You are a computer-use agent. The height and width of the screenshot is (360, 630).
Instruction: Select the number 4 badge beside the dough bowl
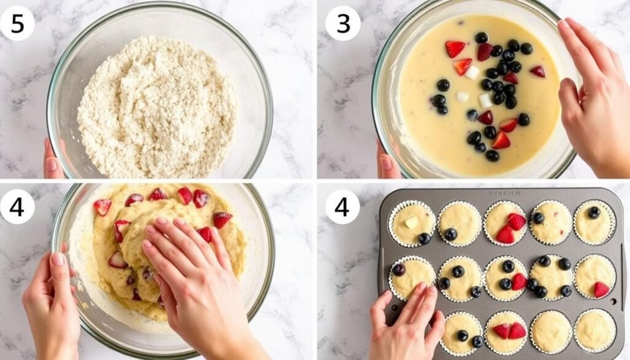[17, 206]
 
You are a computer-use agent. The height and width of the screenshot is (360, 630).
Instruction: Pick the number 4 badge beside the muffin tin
[343, 206]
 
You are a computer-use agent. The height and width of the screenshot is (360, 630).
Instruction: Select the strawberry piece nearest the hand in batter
[538, 71]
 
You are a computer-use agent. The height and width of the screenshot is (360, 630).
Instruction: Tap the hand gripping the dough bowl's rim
[52, 295]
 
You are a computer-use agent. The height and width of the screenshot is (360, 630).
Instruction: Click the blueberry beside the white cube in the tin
[425, 238]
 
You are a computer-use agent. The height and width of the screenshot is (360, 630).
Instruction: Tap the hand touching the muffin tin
[406, 323]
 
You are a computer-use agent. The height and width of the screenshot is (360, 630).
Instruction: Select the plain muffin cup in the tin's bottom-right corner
[595, 331]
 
